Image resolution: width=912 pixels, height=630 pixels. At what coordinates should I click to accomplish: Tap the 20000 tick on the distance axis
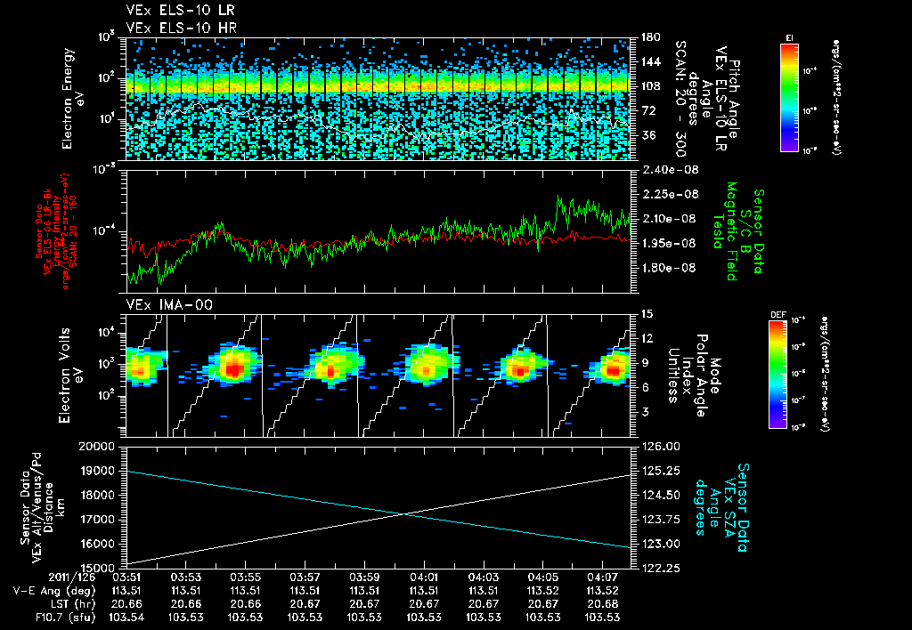tap(101, 446)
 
